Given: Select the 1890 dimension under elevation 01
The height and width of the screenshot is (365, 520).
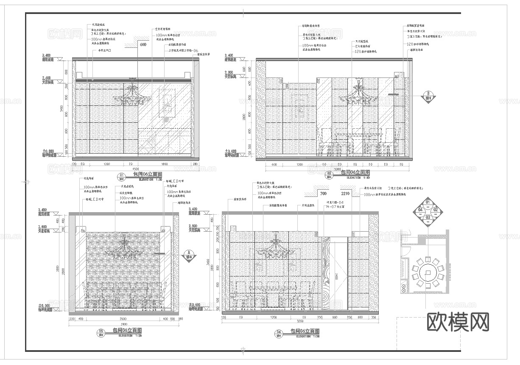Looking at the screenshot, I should [x=165, y=163].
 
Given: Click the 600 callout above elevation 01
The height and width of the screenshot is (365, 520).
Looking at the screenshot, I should [x=143, y=44].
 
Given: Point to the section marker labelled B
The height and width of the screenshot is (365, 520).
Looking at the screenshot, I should [x=428, y=96].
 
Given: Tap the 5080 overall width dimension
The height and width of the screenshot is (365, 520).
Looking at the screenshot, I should [x=337, y=169].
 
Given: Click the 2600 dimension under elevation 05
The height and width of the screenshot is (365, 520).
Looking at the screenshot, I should [x=123, y=318].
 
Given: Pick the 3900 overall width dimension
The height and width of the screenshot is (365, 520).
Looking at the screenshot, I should [x=123, y=324].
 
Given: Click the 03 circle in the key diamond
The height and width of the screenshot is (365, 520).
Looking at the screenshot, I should [x=428, y=217].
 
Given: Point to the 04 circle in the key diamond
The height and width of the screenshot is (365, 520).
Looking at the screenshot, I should [x=420, y=210].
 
